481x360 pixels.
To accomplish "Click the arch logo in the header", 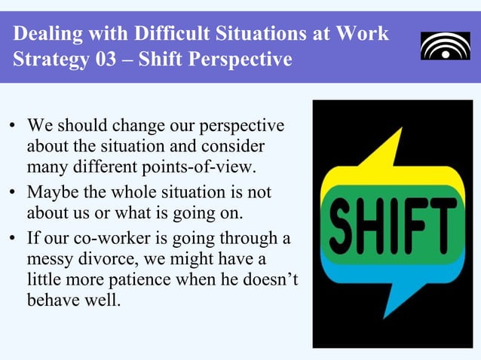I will [x=445, y=46].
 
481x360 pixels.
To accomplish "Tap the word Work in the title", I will [x=363, y=34].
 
